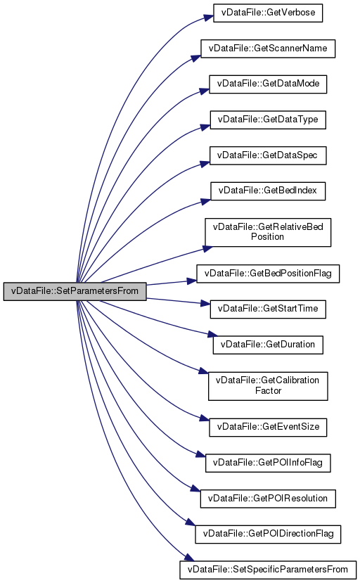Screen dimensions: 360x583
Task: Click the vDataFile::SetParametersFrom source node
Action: click(75, 291)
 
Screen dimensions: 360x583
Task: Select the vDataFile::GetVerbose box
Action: click(268, 13)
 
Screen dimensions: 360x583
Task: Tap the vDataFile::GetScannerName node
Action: click(268, 49)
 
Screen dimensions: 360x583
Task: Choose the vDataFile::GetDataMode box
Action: click(268, 84)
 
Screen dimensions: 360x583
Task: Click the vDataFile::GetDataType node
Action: click(268, 120)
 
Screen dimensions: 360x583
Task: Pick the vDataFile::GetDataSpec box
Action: click(268, 155)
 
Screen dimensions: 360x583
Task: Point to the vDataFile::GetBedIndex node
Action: click(268, 191)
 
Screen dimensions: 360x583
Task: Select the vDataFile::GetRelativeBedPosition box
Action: click(268, 232)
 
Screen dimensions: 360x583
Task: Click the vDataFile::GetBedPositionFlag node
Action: click(268, 274)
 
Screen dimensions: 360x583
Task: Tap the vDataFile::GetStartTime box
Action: click(268, 309)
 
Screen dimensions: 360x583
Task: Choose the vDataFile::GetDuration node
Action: click(268, 345)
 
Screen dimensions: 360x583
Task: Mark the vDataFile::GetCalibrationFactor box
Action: click(268, 386)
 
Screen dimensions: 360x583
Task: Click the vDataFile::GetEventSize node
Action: click(268, 427)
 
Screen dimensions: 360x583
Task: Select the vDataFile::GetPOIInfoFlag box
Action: click(268, 463)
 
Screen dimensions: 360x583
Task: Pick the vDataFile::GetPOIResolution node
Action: click(268, 499)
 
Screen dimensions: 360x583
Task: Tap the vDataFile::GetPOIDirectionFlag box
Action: click(268, 534)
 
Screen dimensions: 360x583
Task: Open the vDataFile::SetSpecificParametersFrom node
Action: click(268, 570)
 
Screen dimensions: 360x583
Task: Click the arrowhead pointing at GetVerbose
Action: click(209, 18)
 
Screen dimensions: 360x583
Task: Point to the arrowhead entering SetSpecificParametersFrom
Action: click(189, 558)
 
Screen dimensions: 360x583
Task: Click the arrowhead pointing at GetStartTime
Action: click(205, 303)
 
